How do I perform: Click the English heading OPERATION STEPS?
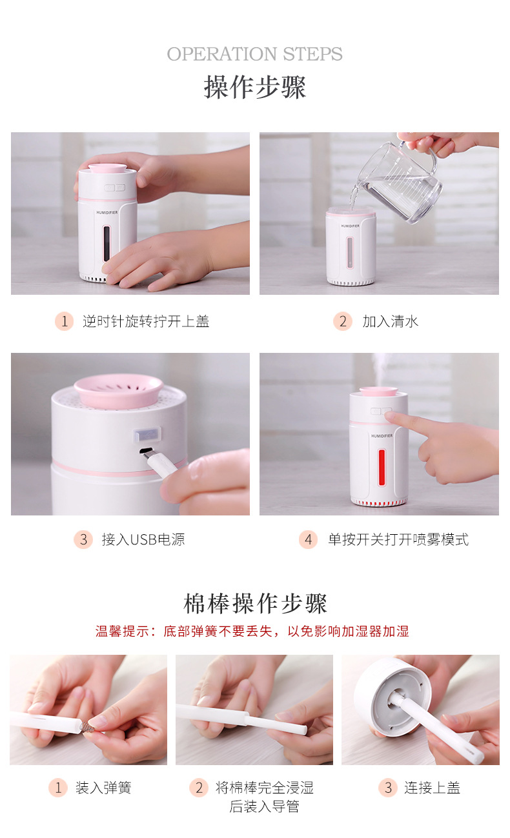pos(254,54)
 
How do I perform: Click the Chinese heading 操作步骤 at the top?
pos(255,87)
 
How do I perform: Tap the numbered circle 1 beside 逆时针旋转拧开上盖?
pos(64,321)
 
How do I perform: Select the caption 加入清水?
pos(390,321)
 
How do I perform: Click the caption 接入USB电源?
pos(143,539)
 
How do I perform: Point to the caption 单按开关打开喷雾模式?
pos(398,539)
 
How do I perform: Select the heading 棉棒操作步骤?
pos(255,604)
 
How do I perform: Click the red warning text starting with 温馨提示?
pos(252,632)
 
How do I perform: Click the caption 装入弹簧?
pos(103,788)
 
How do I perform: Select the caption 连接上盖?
pos(432,788)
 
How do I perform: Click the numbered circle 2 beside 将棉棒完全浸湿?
pos(198,788)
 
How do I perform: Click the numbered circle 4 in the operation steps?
pos(308,539)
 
